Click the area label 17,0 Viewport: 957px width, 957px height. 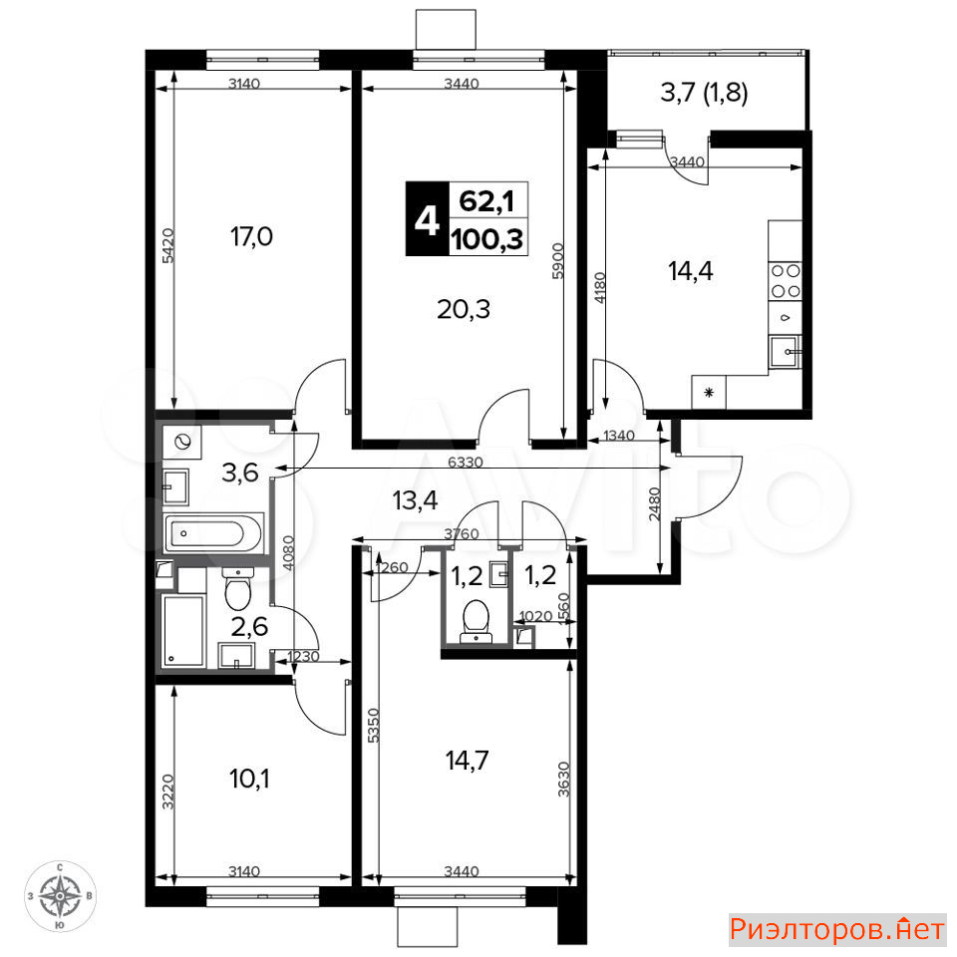pyautogui.click(x=251, y=236)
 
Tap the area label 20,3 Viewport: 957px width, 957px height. pyautogui.click(x=464, y=309)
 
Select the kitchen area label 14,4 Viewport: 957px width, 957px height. pyautogui.click(x=690, y=270)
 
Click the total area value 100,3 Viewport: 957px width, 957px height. pyautogui.click(x=487, y=238)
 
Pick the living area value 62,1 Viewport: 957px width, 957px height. pyautogui.click(x=486, y=200)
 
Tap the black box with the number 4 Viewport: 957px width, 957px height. pyautogui.click(x=428, y=218)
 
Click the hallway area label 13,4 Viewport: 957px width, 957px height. pyautogui.click(x=415, y=500)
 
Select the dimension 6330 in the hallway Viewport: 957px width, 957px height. pyautogui.click(x=466, y=462)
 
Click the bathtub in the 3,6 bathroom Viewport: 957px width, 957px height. pyautogui.click(x=213, y=533)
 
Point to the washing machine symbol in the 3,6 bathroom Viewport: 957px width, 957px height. pyautogui.click(x=182, y=442)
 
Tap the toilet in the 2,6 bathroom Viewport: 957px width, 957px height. pyautogui.click(x=237, y=589)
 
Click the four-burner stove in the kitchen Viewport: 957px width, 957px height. pyautogui.click(x=785, y=280)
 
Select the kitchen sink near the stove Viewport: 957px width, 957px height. pyautogui.click(x=785, y=352)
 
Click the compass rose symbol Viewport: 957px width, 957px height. pyautogui.click(x=60, y=896)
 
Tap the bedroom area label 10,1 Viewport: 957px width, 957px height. pyautogui.click(x=249, y=779)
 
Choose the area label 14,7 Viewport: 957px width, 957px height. pyautogui.click(x=467, y=761)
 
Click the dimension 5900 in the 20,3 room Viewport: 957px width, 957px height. pyautogui.click(x=557, y=260)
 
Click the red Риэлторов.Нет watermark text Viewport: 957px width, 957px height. pyautogui.click(x=837, y=929)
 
